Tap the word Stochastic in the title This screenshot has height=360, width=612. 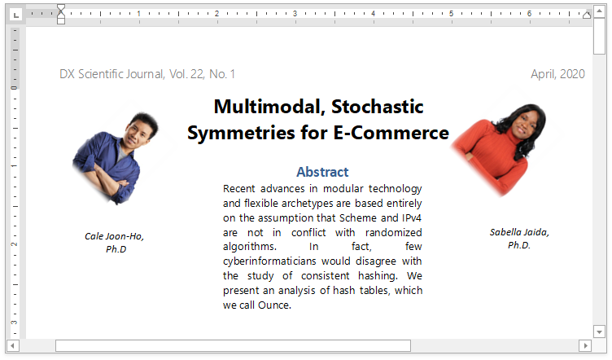pyautogui.click(x=378, y=107)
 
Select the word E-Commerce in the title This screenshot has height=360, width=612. pyautogui.click(x=391, y=133)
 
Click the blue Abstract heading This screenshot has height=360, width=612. pyautogui.click(x=322, y=172)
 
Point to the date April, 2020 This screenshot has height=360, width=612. pyautogui.click(x=557, y=74)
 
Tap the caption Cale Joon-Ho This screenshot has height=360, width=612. pyautogui.click(x=115, y=236)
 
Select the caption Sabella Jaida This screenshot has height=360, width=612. pyautogui.click(x=519, y=232)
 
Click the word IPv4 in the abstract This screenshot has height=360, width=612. pyautogui.click(x=411, y=217)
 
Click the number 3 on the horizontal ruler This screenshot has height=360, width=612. pyautogui.click(x=295, y=13)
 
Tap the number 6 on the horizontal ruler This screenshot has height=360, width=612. pyautogui.click(x=529, y=13)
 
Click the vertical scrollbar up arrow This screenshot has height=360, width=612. pyautogui.click(x=599, y=11)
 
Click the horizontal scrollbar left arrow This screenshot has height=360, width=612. pyautogui.click(x=12, y=345)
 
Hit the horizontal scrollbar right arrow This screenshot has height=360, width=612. pyautogui.click(x=585, y=345)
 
